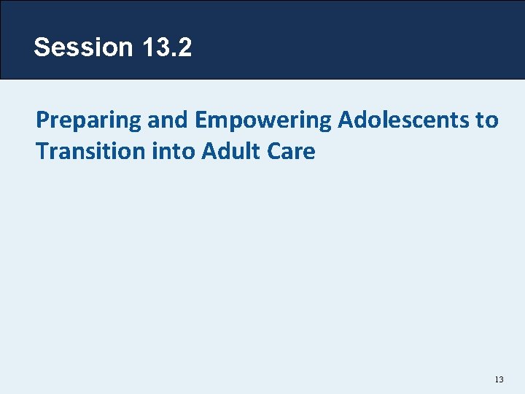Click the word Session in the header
click(x=82, y=47)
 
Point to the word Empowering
click(x=263, y=120)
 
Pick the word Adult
click(x=225, y=152)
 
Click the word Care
click(x=289, y=152)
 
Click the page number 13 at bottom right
click(x=499, y=380)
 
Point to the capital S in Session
click(x=42, y=47)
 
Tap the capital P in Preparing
click(x=42, y=120)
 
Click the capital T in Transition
click(x=42, y=152)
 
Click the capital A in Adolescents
click(x=345, y=120)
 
